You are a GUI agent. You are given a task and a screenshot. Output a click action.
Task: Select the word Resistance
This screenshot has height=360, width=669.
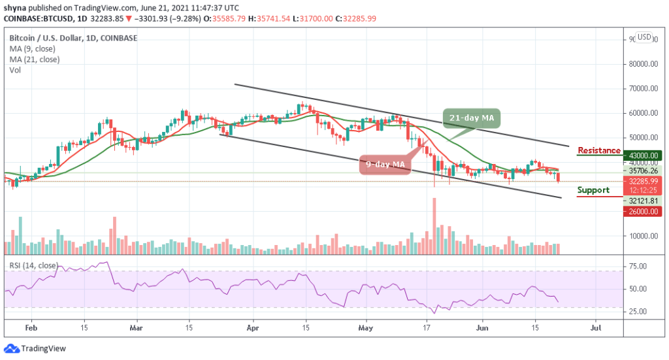(x=599, y=151)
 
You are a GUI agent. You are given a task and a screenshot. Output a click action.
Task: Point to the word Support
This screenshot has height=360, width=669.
(x=593, y=190)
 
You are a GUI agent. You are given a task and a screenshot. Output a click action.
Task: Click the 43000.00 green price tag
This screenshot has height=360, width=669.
(x=643, y=155)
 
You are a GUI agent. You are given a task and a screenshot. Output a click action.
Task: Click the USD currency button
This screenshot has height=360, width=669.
(x=644, y=37)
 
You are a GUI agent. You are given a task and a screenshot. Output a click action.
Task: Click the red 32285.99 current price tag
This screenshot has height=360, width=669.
(x=643, y=181)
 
